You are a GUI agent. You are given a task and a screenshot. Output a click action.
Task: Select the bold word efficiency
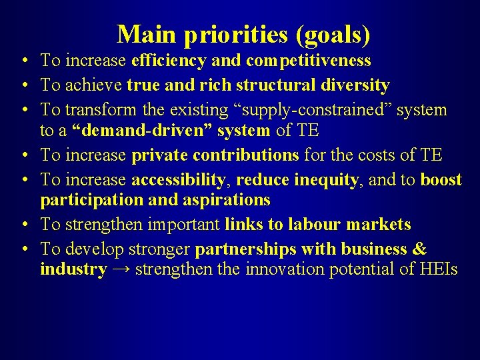tap(169, 61)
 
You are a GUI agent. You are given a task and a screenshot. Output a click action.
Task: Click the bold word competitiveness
tap(308, 61)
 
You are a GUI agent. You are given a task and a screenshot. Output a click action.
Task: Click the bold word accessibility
tap(178, 179)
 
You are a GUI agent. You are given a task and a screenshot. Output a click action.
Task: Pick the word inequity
tap(327, 179)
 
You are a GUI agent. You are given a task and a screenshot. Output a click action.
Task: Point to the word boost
tap(441, 179)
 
